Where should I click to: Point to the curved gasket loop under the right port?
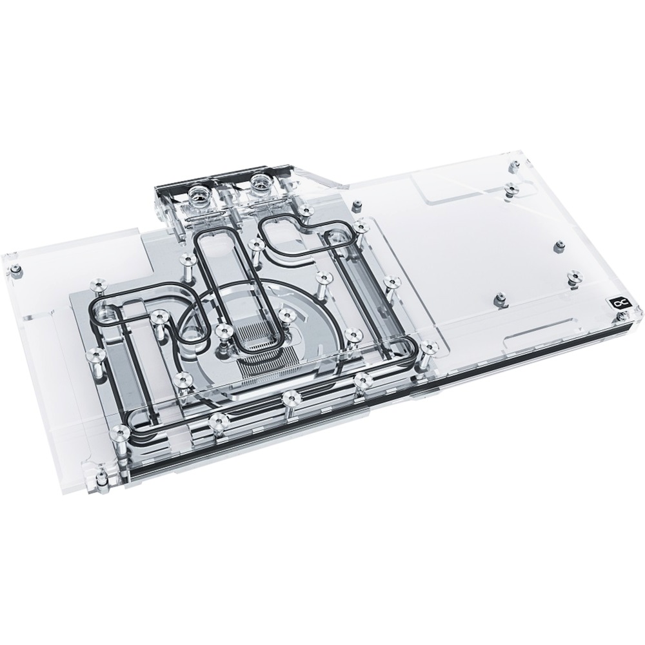(x=297, y=239)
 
